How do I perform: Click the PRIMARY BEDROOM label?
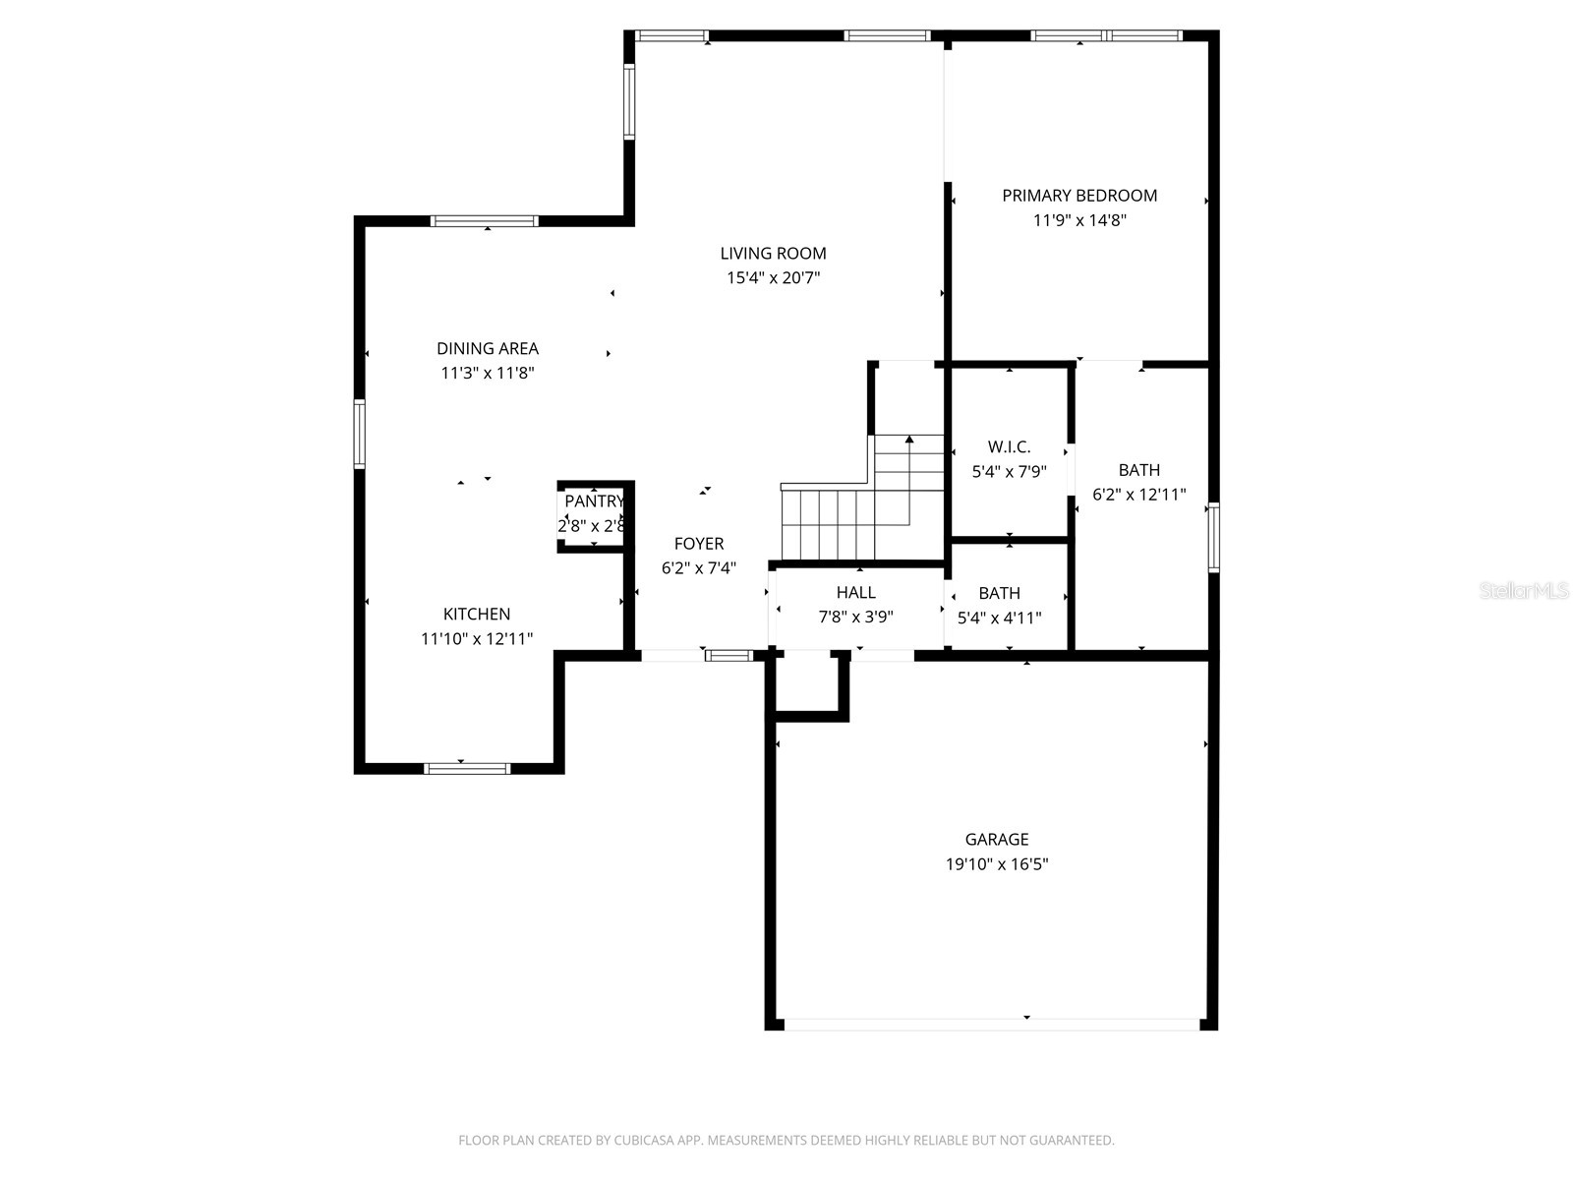[1078, 196]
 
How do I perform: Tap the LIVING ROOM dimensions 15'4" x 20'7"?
[773, 278]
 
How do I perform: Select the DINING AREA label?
[487, 348]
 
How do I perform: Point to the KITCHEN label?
[477, 615]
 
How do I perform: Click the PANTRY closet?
[593, 514]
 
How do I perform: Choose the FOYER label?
[699, 544]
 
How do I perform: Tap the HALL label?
[855, 593]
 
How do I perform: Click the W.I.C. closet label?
[1009, 447]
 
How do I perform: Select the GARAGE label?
[997, 840]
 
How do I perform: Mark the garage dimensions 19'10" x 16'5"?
[997, 864]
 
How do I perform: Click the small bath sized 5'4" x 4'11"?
[999, 606]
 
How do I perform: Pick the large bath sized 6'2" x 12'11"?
[1138, 482]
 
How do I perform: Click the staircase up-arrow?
[909, 441]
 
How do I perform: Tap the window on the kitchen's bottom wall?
[467, 768]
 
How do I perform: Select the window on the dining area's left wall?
[360, 434]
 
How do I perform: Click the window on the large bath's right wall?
[1213, 537]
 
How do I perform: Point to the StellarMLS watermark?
[1524, 591]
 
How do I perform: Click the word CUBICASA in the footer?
[642, 1141]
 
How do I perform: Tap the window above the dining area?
[485, 221]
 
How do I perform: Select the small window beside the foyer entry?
[728, 655]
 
